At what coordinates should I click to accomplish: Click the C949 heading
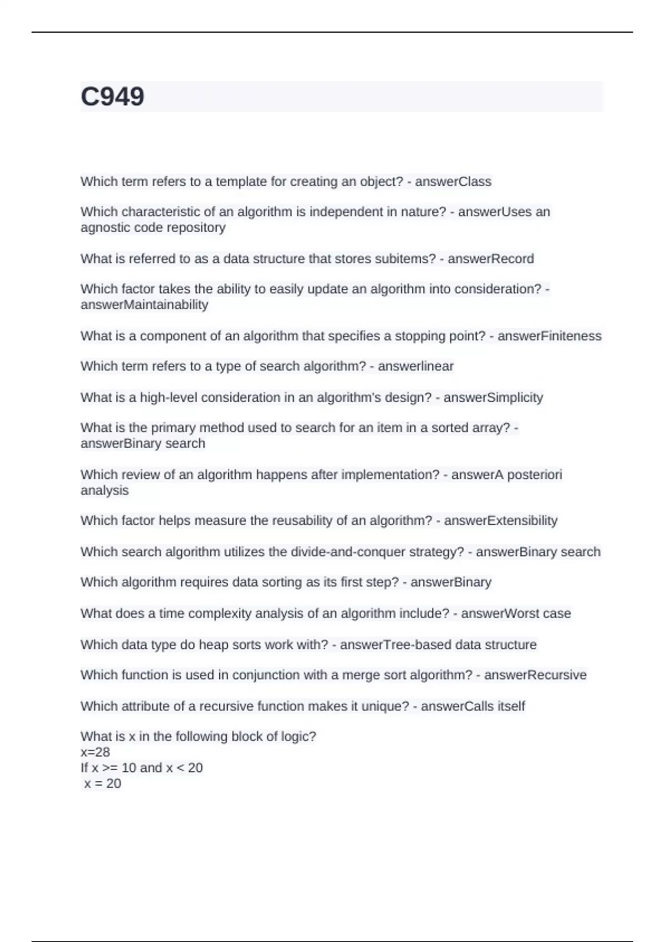(x=112, y=96)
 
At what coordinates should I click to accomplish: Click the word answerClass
(x=453, y=182)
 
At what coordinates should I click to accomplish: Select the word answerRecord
(x=490, y=259)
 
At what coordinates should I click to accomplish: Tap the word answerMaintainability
(x=144, y=305)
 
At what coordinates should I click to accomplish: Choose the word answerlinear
(x=416, y=366)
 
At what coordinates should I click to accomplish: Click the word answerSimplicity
(x=493, y=398)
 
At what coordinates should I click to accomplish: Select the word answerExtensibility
(x=500, y=521)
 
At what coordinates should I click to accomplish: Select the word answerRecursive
(x=535, y=675)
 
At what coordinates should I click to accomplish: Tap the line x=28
(x=95, y=752)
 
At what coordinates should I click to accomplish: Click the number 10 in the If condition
(x=129, y=768)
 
